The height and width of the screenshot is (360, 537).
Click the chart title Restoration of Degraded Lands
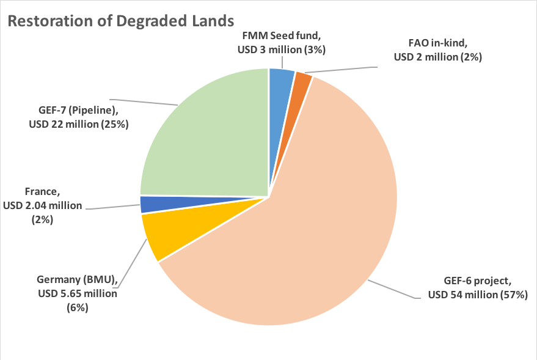coord(120,20)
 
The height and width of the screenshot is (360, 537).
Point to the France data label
coord(43,205)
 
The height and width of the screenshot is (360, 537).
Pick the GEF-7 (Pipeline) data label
coord(79,117)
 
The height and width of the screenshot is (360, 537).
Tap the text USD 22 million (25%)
coord(79,124)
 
